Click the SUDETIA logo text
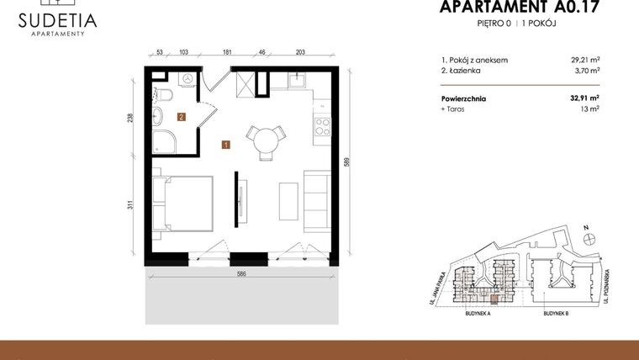pos(56,19)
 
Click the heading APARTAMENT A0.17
pos(522,8)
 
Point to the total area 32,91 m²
pos(584,98)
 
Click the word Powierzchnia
pos(463,98)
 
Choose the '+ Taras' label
pos(452,109)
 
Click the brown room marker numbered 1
pos(225,145)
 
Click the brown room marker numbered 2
pos(181,118)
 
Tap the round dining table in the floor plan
pos(265,136)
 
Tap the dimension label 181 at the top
pos(227,52)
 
